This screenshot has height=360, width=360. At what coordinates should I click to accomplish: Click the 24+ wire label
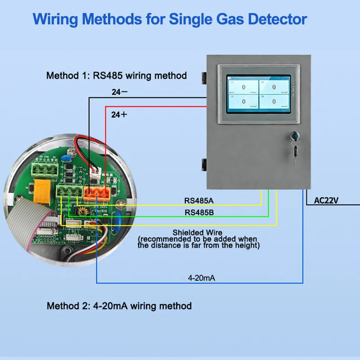click(x=119, y=115)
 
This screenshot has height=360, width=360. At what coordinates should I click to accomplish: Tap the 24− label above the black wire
click(x=119, y=92)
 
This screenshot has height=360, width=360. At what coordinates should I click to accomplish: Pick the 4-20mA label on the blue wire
click(x=201, y=278)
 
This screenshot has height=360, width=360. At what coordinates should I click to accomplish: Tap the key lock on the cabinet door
click(x=296, y=137)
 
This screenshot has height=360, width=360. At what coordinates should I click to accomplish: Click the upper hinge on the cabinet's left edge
click(x=204, y=77)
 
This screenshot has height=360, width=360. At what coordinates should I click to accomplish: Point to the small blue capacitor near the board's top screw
click(x=67, y=158)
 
